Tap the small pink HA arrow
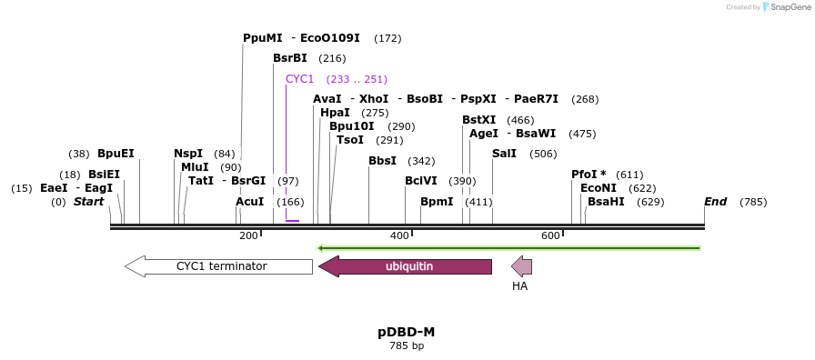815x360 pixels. pos(521,266)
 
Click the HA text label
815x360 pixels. pos(519,286)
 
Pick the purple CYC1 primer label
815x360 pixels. pos(299,79)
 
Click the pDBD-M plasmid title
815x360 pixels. pos(407,332)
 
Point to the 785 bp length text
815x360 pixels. pos(407,346)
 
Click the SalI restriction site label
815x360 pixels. pos(504,154)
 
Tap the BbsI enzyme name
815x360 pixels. pos(382,161)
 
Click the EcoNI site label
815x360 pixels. pos(598,188)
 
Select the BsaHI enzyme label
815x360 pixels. pos(606,202)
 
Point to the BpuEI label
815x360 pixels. pos(116,154)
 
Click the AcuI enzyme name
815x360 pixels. pos(249,202)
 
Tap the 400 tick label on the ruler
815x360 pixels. pos(399,236)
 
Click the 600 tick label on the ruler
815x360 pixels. pos(550,236)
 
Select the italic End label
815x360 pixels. pos(715,202)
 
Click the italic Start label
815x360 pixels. pos(88,202)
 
